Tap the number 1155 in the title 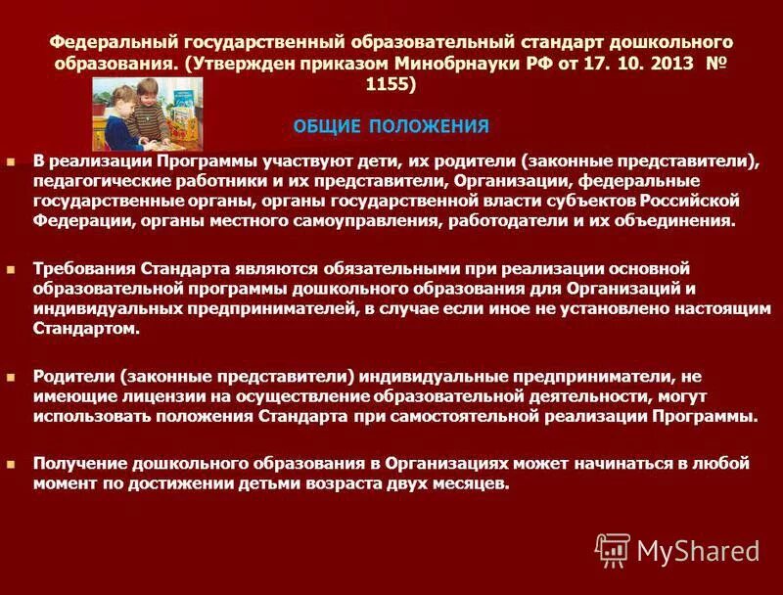point(391,85)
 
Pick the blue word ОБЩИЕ point(327,126)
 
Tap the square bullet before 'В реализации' point(12,160)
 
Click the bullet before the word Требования point(12,267)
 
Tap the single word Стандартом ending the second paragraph point(85,329)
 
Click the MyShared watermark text point(698,552)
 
